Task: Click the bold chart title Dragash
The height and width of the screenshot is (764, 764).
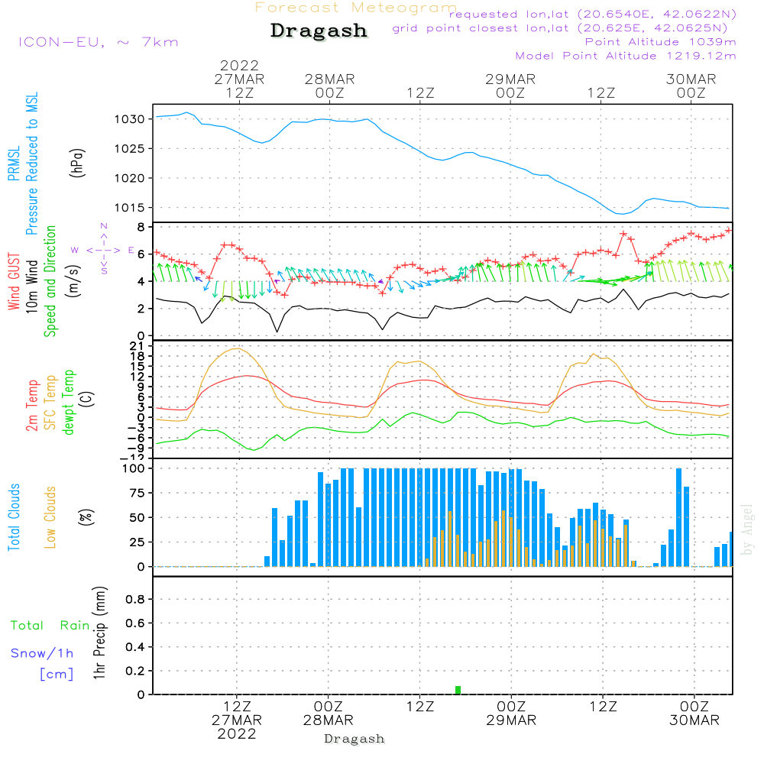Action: coord(319,31)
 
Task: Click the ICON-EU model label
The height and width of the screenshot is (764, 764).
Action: coord(98,42)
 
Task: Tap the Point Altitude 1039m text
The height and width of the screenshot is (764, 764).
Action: coord(660,42)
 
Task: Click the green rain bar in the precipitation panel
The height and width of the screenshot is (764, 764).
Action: coord(458,690)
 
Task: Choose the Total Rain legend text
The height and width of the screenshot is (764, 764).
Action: coord(50,626)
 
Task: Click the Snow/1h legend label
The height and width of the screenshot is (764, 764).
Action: coord(42,654)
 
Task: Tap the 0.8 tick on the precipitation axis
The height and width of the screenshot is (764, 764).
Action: coord(135,600)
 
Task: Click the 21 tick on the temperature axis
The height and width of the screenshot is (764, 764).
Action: coord(138,346)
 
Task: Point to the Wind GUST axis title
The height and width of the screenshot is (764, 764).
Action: coord(15,283)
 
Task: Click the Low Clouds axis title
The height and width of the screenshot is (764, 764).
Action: coord(50,516)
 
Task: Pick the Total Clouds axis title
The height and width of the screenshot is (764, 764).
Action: coord(15,517)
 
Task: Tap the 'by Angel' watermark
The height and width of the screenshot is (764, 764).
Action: coord(747,529)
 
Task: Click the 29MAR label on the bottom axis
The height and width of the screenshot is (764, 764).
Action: coord(512,720)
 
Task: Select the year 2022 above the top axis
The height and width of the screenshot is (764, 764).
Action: coord(240,66)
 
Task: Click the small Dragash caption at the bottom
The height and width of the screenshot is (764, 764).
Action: coord(354,739)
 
